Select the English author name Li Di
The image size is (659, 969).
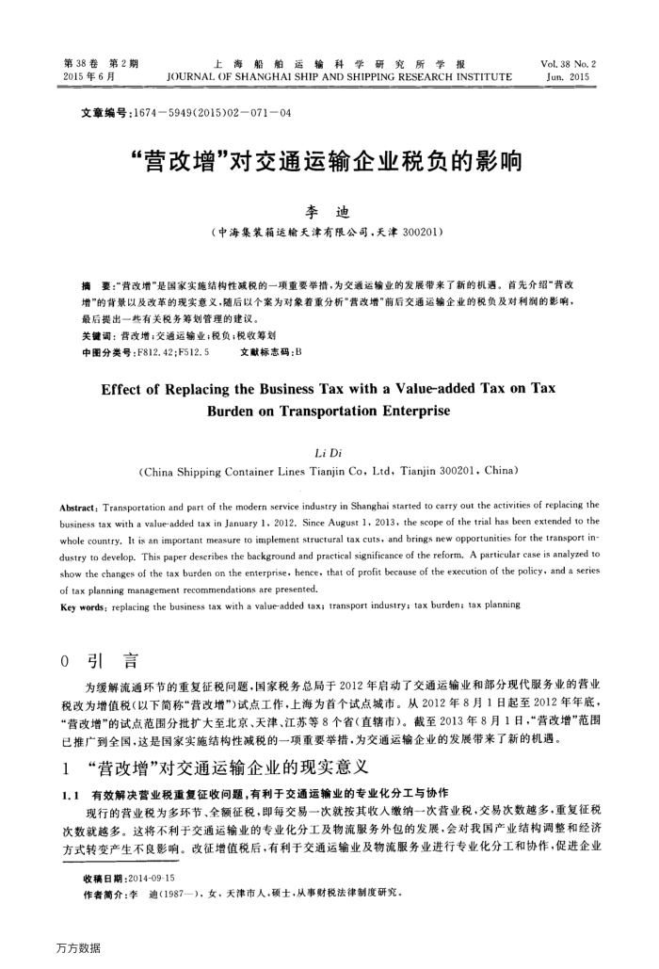[329, 452]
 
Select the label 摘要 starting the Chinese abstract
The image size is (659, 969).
[95, 283]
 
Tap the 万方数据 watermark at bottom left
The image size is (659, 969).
[77, 946]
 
